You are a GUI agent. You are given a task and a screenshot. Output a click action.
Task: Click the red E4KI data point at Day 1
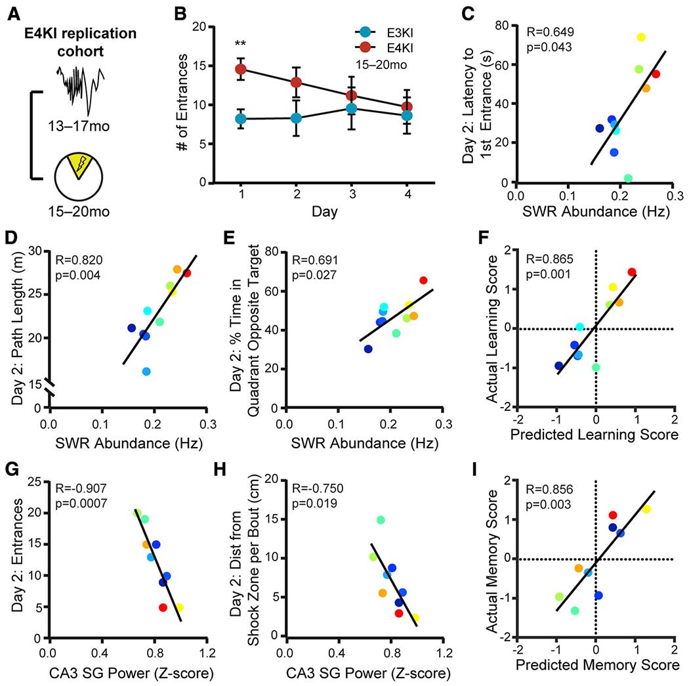pyautogui.click(x=241, y=69)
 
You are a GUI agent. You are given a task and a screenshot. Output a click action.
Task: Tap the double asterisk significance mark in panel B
pyautogui.click(x=241, y=44)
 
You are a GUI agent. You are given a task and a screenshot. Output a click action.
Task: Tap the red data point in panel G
pyautogui.click(x=163, y=607)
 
